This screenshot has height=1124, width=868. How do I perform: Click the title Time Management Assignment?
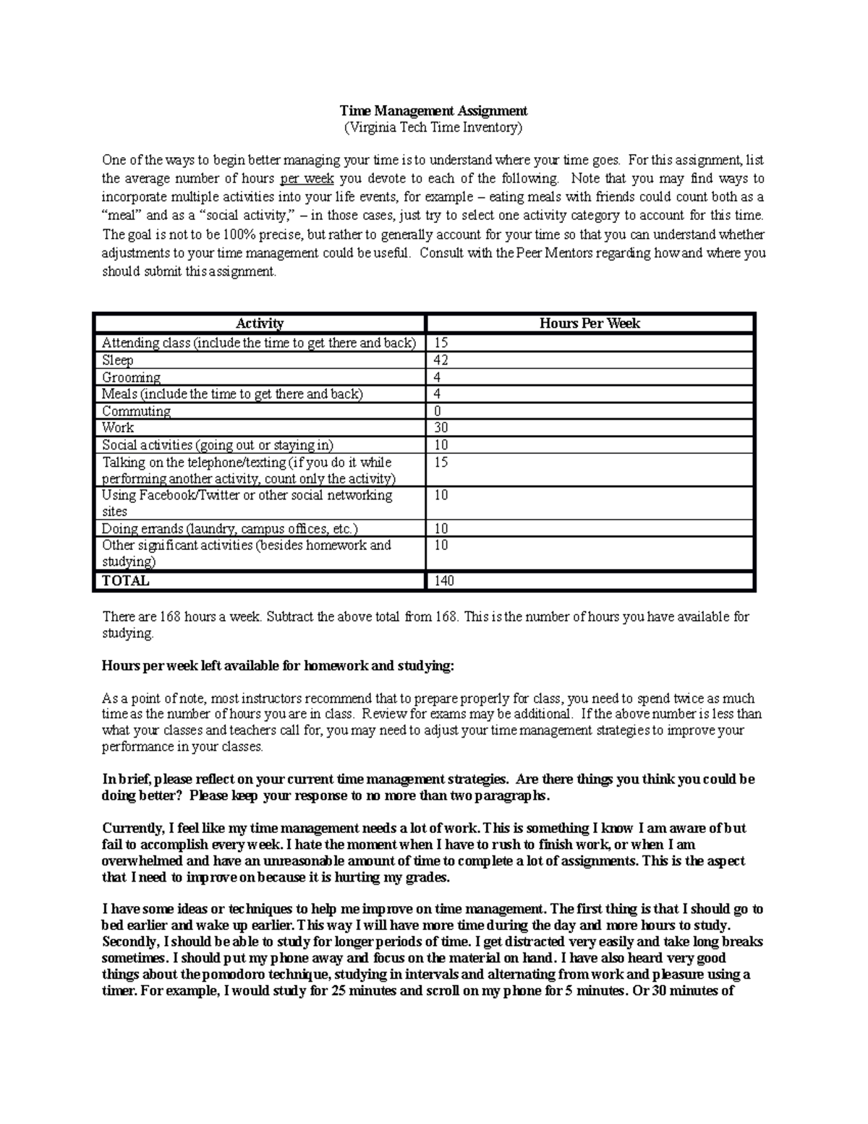[433, 111]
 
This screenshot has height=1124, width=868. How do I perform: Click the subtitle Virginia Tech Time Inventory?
[433, 128]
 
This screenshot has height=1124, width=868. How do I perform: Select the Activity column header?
[260, 324]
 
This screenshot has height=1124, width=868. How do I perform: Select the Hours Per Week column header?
[590, 324]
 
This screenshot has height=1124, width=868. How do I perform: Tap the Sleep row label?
[117, 360]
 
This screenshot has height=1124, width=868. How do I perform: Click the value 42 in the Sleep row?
[441, 360]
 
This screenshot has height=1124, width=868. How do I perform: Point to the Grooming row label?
[131, 377]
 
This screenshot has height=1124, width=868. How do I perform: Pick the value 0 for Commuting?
[437, 411]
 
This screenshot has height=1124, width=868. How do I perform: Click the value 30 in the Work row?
[441, 428]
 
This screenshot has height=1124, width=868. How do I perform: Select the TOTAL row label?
[125, 580]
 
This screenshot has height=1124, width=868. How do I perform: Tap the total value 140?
[444, 580]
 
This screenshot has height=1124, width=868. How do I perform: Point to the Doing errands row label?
[229, 528]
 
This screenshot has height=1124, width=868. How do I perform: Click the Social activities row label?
[218, 445]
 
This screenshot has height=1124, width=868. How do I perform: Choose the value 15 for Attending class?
[441, 343]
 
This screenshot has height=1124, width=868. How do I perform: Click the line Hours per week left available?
[278, 666]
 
